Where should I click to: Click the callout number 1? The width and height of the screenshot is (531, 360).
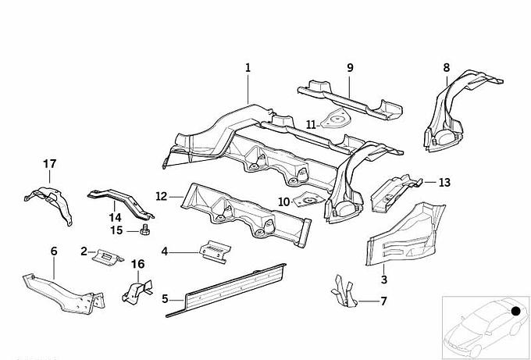coord(248,68)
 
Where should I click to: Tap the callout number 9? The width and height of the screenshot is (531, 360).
coord(350,68)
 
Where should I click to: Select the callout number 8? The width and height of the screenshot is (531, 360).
coord(447,68)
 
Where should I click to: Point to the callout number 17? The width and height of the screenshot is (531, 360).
coord(50,164)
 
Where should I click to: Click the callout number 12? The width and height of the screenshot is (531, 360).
coord(161,196)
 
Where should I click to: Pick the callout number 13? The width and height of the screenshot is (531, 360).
coord(444,183)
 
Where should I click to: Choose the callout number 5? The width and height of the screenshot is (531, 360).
coord(166,298)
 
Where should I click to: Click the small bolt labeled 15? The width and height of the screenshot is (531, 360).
coord(145,231)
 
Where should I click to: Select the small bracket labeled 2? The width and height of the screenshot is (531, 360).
coord(107,255)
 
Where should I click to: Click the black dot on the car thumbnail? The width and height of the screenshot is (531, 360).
coord(515,312)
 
